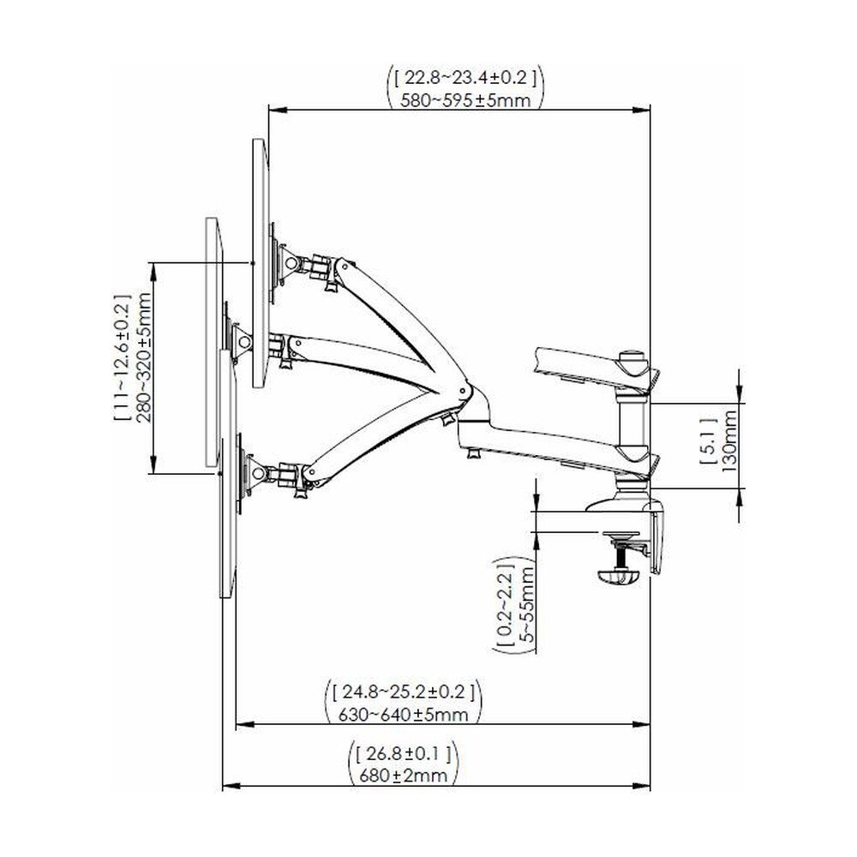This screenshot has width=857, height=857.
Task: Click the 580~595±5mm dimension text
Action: click(465, 100)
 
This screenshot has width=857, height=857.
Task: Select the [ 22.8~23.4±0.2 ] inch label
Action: click(465, 78)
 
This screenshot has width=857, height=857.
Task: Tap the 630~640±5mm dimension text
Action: click(404, 715)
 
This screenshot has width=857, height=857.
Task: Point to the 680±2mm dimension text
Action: click(404, 775)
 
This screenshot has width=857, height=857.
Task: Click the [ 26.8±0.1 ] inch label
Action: click(404, 754)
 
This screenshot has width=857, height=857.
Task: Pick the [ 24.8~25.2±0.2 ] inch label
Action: click(404, 692)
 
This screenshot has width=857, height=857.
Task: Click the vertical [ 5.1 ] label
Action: click(708, 441)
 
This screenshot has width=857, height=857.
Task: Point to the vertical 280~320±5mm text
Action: click(143, 357)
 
